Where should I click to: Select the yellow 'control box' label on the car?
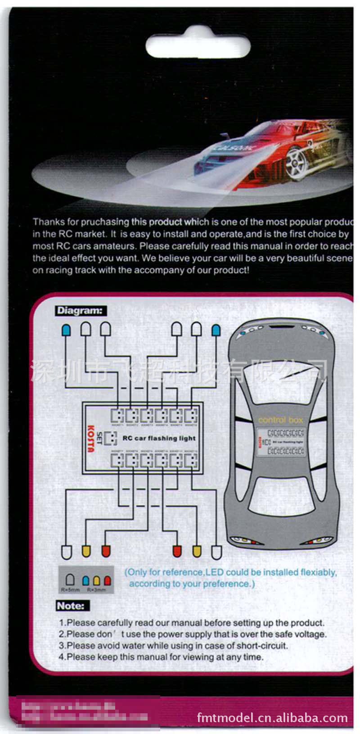click(281, 420)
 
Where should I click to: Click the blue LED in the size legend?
click(86, 580)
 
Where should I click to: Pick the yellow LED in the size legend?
click(96, 580)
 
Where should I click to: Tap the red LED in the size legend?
click(107, 580)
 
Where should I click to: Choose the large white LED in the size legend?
click(70, 580)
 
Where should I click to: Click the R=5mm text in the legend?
click(70, 589)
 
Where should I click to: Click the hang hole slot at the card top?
click(198, 45)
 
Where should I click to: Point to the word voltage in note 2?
click(310, 634)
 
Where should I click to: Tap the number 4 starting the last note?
click(61, 657)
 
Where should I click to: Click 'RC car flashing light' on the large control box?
click(159, 438)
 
